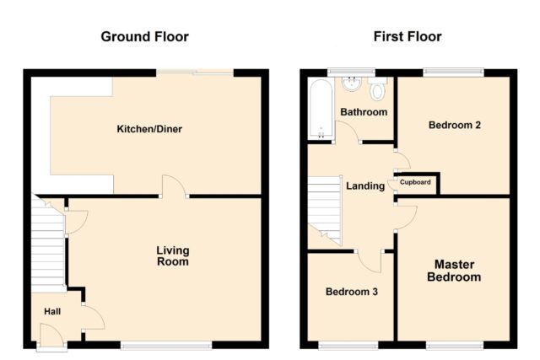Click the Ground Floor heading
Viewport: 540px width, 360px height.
(x=144, y=37)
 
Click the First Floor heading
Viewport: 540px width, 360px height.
(x=408, y=36)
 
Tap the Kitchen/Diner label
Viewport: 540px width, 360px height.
(x=149, y=129)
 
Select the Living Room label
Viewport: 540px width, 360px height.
(x=173, y=256)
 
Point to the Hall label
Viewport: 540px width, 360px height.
(x=52, y=311)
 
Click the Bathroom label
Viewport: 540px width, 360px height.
(x=364, y=112)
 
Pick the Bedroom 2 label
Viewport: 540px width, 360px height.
(x=455, y=125)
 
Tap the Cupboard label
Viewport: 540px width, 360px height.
(x=415, y=182)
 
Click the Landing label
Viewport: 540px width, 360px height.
(x=365, y=185)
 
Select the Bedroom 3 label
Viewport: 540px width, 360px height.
(x=352, y=292)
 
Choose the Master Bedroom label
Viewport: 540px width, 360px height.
(x=454, y=271)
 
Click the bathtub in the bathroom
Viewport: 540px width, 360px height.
(x=321, y=109)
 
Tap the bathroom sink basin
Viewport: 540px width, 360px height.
(x=351, y=84)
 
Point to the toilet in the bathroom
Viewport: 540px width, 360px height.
(x=378, y=89)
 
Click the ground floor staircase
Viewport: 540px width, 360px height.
(x=47, y=244)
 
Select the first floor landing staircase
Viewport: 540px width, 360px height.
(x=324, y=210)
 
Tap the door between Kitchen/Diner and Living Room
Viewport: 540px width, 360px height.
(x=175, y=186)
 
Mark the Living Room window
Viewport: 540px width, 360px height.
(x=166, y=345)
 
